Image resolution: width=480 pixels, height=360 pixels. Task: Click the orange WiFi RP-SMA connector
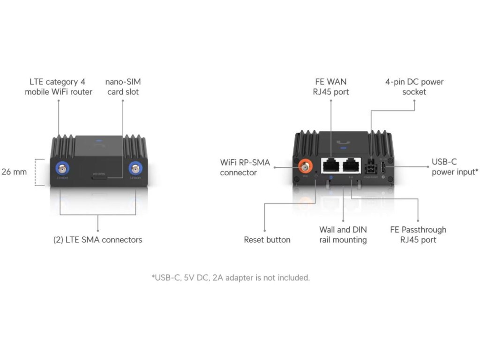[306, 166]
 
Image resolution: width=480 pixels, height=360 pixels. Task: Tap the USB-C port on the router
[384, 168]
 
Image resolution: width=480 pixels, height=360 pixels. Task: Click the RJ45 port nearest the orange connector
[330, 165]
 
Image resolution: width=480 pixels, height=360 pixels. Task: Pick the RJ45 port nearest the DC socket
[352, 165]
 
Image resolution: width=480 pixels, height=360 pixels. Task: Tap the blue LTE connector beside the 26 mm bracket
[61, 168]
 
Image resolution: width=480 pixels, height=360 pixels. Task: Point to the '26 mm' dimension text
[14, 172]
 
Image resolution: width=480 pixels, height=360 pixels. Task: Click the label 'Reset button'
[267, 240]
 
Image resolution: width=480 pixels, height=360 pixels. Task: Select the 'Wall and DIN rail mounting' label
[343, 235]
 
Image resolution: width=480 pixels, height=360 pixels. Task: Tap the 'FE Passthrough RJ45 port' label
[418, 235]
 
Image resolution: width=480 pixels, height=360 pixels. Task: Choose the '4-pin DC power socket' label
[414, 87]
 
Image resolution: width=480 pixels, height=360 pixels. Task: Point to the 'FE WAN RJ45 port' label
[331, 87]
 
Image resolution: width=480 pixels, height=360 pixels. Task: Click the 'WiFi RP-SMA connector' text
[245, 167]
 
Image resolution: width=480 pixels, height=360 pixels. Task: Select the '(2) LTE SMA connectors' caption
[97, 240]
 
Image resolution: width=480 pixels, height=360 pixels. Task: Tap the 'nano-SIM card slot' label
[123, 87]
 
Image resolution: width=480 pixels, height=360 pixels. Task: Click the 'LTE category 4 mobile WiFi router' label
[59, 87]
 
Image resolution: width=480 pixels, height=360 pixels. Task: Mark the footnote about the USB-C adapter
[231, 278]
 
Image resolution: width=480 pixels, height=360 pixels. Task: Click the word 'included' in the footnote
[294, 278]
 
